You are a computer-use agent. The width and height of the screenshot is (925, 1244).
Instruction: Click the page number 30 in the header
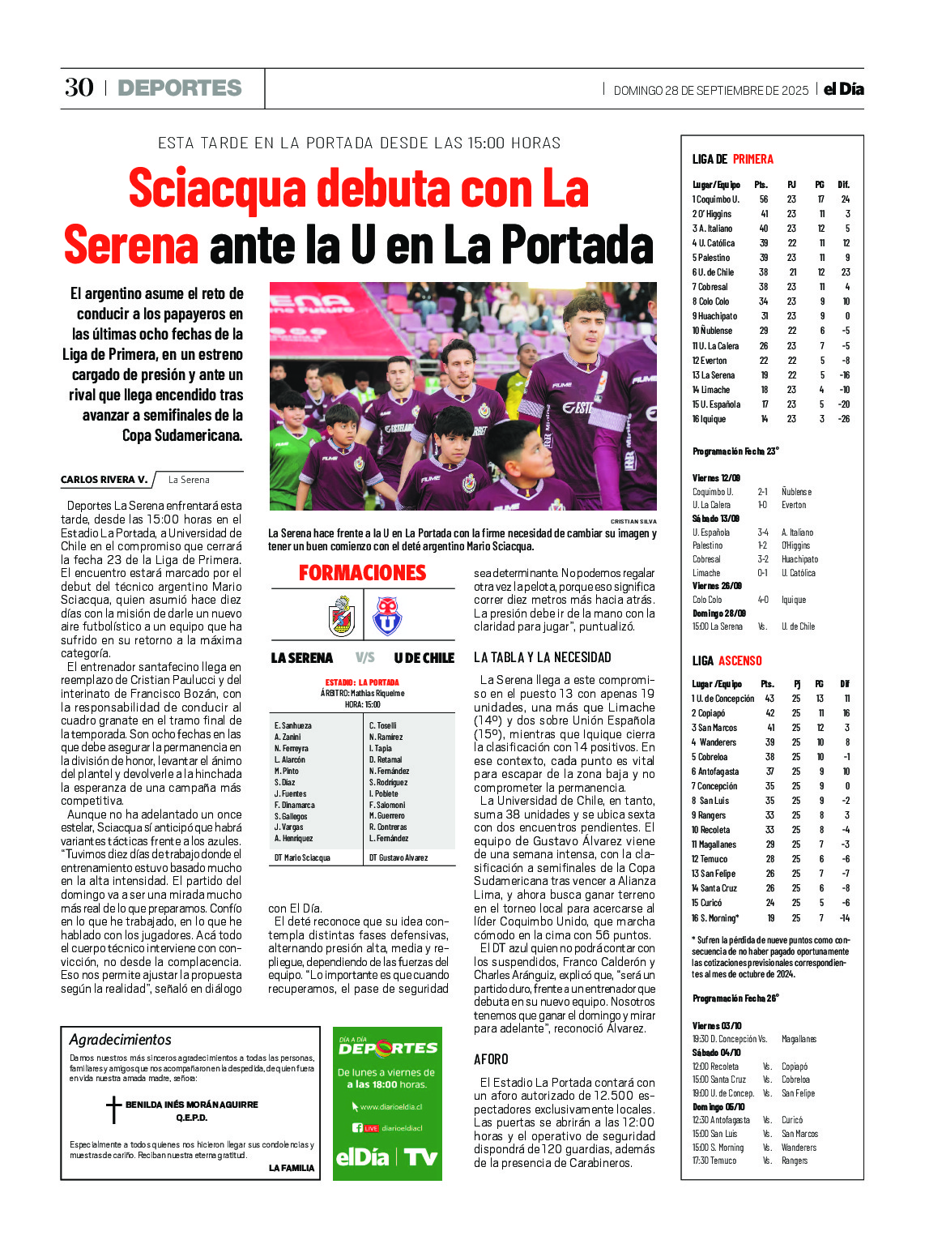click(79, 88)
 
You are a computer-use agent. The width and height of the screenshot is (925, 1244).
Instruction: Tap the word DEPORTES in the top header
click(180, 88)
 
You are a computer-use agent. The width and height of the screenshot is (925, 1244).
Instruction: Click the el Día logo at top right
click(843, 89)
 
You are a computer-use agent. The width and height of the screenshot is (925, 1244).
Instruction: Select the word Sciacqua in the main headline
click(218, 189)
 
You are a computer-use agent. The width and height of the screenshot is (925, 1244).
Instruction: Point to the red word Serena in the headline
click(131, 245)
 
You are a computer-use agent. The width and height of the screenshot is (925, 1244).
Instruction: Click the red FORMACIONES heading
click(362, 573)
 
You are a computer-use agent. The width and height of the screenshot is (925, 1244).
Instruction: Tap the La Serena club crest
click(342, 617)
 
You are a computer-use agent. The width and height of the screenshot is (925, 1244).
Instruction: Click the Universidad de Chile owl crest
click(387, 617)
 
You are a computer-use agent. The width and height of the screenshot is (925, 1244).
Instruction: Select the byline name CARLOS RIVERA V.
click(104, 480)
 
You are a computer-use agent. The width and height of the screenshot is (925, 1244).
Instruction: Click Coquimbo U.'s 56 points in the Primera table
click(763, 199)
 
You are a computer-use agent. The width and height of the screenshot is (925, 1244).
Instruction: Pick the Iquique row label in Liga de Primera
click(709, 419)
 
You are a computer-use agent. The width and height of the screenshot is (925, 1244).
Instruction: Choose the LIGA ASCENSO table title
click(727, 660)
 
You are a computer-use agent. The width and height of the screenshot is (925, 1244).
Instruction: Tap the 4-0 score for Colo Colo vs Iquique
click(762, 600)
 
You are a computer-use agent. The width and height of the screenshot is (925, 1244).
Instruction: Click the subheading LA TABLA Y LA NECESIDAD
click(542, 657)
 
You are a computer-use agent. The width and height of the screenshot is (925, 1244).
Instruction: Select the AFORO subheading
click(491, 1059)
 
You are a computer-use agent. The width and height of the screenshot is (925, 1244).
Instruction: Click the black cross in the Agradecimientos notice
click(113, 1109)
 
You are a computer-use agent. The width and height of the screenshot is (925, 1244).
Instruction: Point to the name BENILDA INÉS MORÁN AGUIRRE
click(191, 1105)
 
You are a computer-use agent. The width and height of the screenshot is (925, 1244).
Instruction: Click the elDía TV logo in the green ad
click(387, 1156)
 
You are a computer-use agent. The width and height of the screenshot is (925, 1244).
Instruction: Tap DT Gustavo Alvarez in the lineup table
click(398, 857)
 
